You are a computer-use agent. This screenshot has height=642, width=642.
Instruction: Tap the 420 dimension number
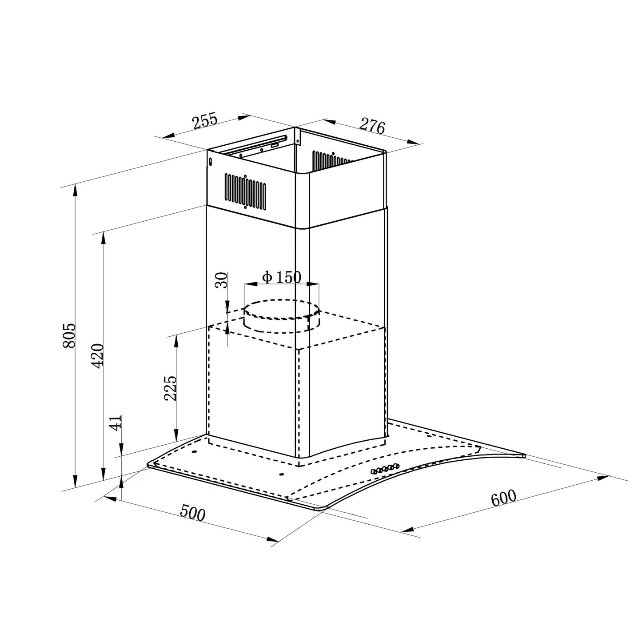click(x=98, y=355)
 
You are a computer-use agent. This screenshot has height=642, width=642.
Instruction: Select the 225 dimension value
click(x=170, y=388)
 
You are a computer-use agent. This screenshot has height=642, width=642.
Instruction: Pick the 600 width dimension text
click(x=504, y=498)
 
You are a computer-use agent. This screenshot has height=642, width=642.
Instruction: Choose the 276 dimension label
click(x=372, y=126)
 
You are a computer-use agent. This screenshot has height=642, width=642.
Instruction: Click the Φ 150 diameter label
click(x=282, y=277)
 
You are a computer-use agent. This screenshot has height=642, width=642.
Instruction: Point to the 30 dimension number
click(x=221, y=280)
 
